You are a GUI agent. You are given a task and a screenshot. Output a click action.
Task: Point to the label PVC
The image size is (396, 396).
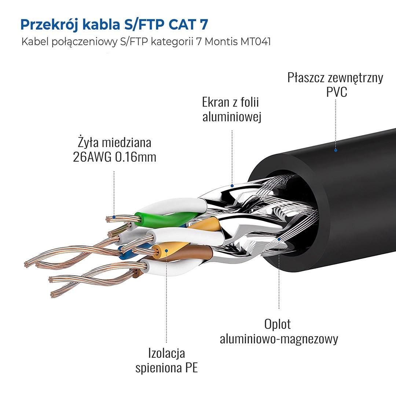336,92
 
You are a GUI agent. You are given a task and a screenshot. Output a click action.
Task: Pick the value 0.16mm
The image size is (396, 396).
135,157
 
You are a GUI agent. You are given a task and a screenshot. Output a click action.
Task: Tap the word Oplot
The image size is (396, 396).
277,324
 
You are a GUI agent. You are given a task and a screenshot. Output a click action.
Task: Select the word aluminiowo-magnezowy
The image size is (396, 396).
279,338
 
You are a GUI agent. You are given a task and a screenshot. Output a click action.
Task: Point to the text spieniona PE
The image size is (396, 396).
166,368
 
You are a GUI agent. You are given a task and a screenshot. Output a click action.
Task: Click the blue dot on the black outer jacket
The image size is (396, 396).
335,150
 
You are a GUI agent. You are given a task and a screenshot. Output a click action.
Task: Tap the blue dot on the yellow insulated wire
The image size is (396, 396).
166,251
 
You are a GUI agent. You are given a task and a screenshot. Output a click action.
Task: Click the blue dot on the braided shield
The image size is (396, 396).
279,239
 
